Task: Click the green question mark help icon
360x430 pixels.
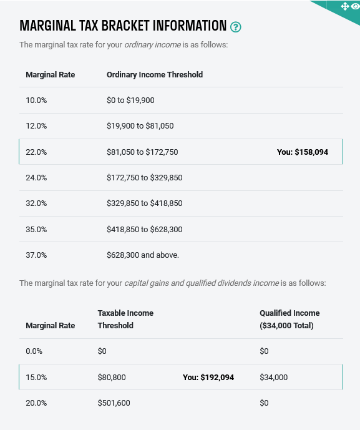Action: [235, 27]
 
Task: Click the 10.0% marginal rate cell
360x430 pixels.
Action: [36, 100]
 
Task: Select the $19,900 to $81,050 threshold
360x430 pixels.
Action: [140, 126]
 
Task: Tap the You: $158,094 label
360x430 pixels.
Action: [302, 152]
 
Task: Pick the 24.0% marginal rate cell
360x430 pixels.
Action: [36, 178]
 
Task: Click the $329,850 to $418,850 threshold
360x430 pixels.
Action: [144, 203]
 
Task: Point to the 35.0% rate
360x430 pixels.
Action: [36, 230]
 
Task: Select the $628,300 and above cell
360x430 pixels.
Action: [142, 255]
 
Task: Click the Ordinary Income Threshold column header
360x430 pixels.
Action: [155, 75]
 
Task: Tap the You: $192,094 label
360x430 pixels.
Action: [208, 378]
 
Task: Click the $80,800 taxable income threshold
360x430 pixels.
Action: [112, 378]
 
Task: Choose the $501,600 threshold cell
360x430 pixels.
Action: [114, 403]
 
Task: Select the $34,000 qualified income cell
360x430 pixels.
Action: [273, 378]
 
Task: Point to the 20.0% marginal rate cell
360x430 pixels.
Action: [36, 403]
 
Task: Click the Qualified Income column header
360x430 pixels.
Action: [289, 319]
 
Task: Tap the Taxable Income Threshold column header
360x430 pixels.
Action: [125, 319]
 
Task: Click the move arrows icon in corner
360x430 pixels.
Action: [344, 6]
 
